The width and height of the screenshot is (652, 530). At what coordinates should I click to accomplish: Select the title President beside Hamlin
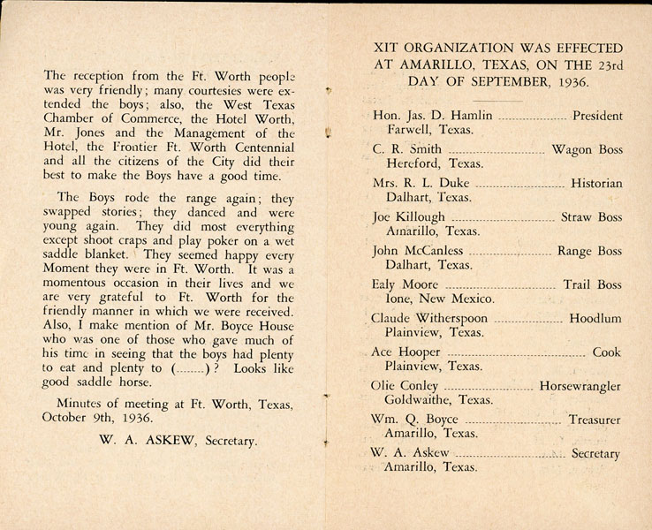(597, 116)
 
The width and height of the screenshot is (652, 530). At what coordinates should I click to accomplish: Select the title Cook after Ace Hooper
(607, 352)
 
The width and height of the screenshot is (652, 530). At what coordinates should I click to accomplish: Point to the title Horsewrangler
(582, 386)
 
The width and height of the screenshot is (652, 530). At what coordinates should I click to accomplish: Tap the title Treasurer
(595, 420)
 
